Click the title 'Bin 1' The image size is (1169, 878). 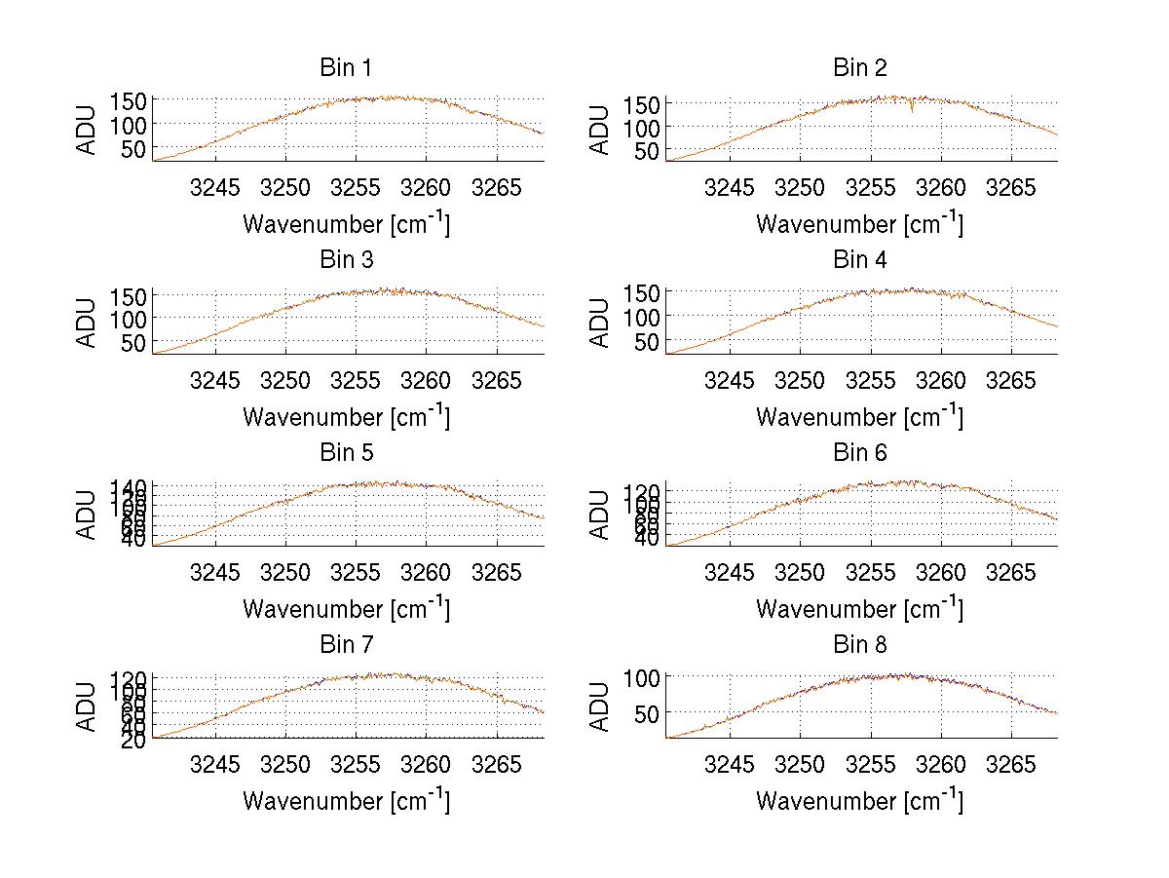(346, 68)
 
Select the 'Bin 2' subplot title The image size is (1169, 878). (860, 68)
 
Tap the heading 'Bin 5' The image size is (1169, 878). (346, 453)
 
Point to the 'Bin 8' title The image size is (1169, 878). (860, 645)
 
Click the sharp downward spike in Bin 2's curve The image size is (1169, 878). (912, 110)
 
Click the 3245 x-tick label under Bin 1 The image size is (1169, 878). (215, 187)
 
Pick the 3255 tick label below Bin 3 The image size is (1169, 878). (357, 379)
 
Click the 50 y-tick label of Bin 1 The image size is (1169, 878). (134, 149)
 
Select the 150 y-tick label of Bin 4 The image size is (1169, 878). (642, 292)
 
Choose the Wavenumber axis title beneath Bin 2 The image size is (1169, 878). (860, 223)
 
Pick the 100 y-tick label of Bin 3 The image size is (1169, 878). (129, 318)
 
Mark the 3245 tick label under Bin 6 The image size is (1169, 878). (729, 571)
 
